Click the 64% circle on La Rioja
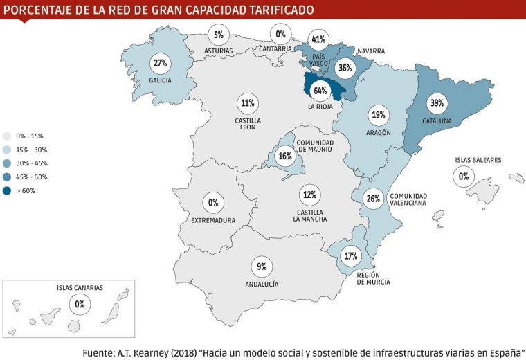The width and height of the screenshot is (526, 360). click(320, 91)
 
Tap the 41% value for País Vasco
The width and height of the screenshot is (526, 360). click(319, 39)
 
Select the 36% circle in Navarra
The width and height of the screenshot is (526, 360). click(345, 68)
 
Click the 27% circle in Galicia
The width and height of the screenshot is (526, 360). click(161, 63)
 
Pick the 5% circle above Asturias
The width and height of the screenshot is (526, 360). click(219, 34)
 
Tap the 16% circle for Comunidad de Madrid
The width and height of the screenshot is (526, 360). click(284, 156)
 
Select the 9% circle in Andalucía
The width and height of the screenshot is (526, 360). click(261, 267)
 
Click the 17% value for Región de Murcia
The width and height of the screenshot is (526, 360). click(351, 256)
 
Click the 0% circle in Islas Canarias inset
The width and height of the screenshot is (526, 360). click(80, 303)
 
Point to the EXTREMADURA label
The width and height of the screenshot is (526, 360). click(213, 220)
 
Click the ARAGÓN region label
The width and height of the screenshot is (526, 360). click(378, 132)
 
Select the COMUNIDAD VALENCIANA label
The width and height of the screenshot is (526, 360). click(408, 199)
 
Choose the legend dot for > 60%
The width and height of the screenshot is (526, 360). click(7, 190)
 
